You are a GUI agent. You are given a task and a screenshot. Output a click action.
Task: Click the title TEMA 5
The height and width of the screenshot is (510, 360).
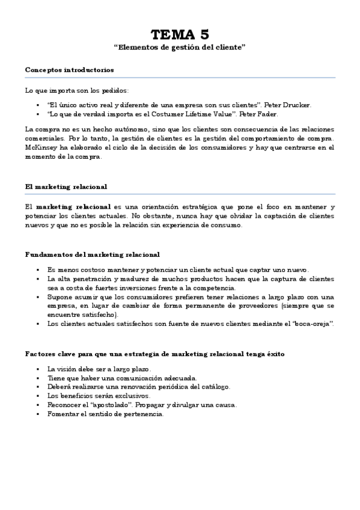[180, 34]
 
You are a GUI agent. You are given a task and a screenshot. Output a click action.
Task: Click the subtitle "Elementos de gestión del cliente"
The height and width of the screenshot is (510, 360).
[180, 47]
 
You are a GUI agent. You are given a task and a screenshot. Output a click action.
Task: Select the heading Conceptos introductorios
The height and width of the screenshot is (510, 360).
[69, 70]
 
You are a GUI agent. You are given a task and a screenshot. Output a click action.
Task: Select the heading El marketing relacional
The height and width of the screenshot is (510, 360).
[66, 186]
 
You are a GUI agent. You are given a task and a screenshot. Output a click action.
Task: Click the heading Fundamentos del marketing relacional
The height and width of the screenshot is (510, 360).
[92, 254]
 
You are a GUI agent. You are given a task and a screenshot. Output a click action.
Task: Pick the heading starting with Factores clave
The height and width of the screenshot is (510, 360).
[155, 353]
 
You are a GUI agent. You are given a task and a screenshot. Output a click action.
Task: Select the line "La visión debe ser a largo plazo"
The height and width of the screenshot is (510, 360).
[99, 369]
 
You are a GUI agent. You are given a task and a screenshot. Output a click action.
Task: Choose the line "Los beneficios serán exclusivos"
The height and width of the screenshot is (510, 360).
[99, 396]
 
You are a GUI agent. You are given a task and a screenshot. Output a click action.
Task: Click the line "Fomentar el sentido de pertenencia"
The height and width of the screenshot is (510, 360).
[105, 414]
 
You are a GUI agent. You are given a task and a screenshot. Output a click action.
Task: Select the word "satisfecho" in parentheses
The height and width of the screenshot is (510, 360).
[96, 315]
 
